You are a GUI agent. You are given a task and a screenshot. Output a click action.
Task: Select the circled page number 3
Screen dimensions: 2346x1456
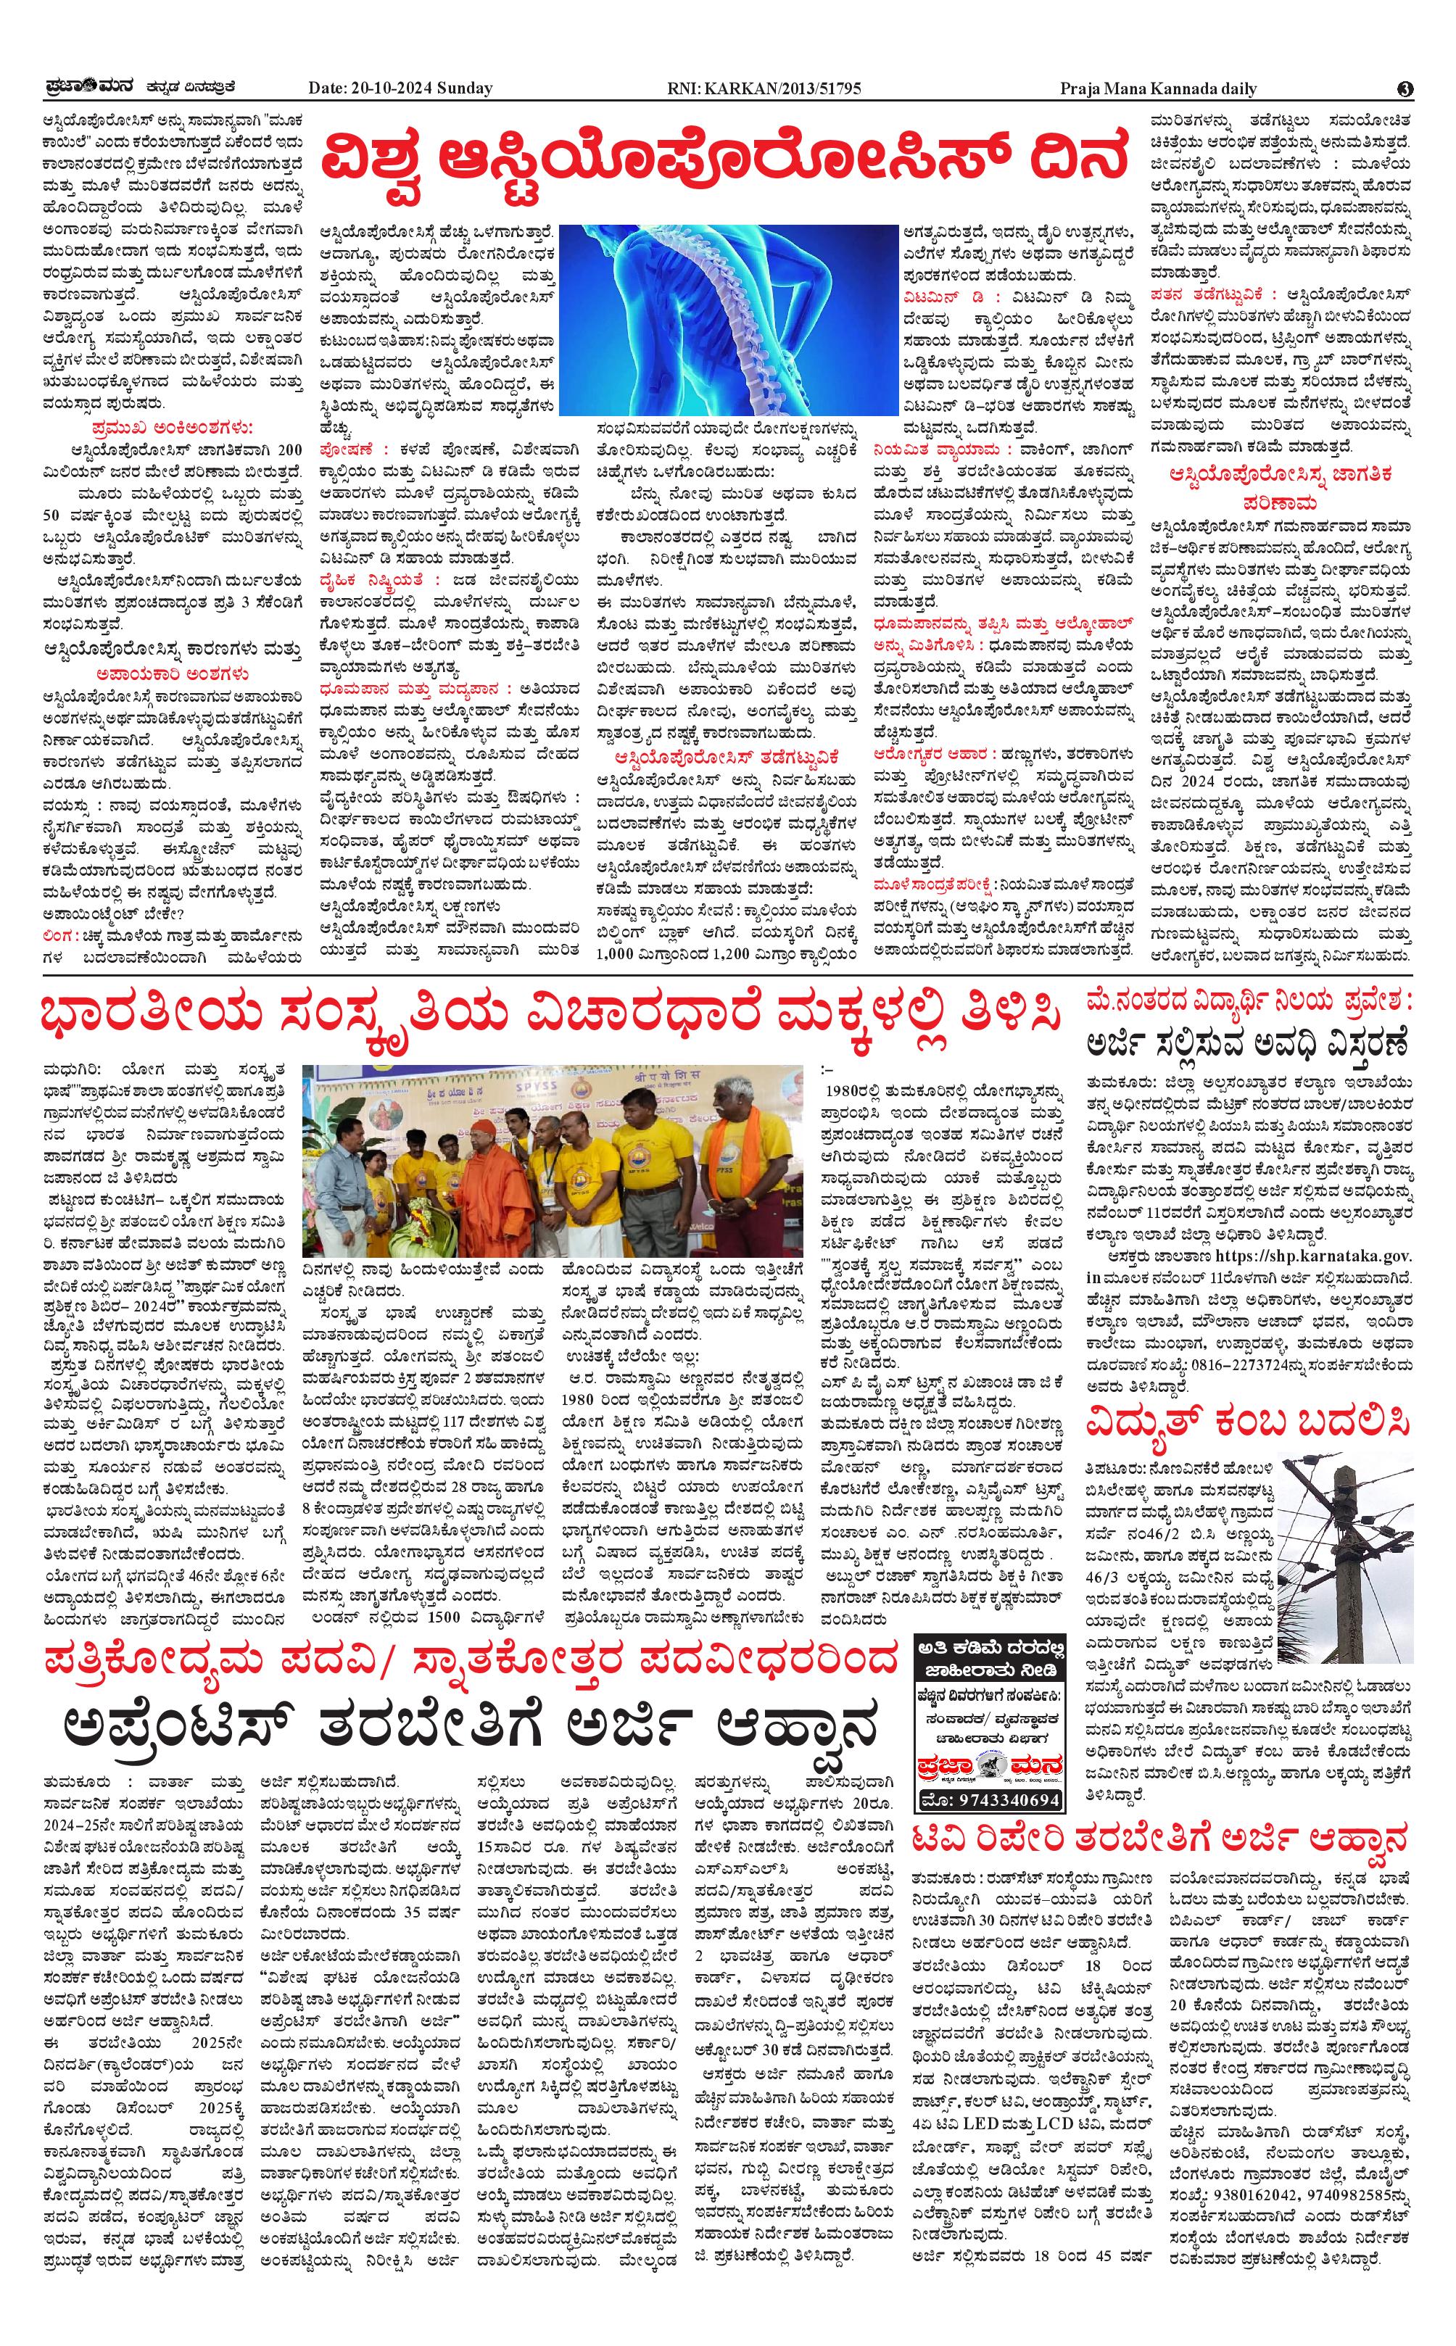click(x=1405, y=88)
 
